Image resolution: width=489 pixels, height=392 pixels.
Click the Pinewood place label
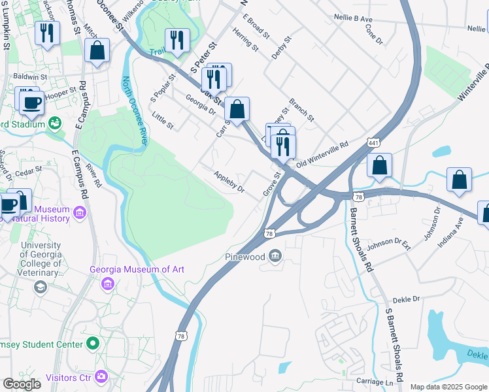point(244,257)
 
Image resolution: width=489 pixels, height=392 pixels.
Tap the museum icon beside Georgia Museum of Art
point(108,284)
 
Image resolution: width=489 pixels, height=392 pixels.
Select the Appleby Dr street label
point(229,181)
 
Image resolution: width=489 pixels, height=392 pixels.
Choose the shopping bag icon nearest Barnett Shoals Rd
point(379,167)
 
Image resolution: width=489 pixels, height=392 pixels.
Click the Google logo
point(22,384)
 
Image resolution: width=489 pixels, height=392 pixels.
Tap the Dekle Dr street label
point(406,299)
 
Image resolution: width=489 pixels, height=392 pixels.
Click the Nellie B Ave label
point(354,20)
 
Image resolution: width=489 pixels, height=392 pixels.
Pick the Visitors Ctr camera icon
point(101,376)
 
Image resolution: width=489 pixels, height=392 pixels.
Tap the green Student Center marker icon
point(93,343)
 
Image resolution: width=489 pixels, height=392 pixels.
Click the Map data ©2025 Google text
point(448,387)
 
